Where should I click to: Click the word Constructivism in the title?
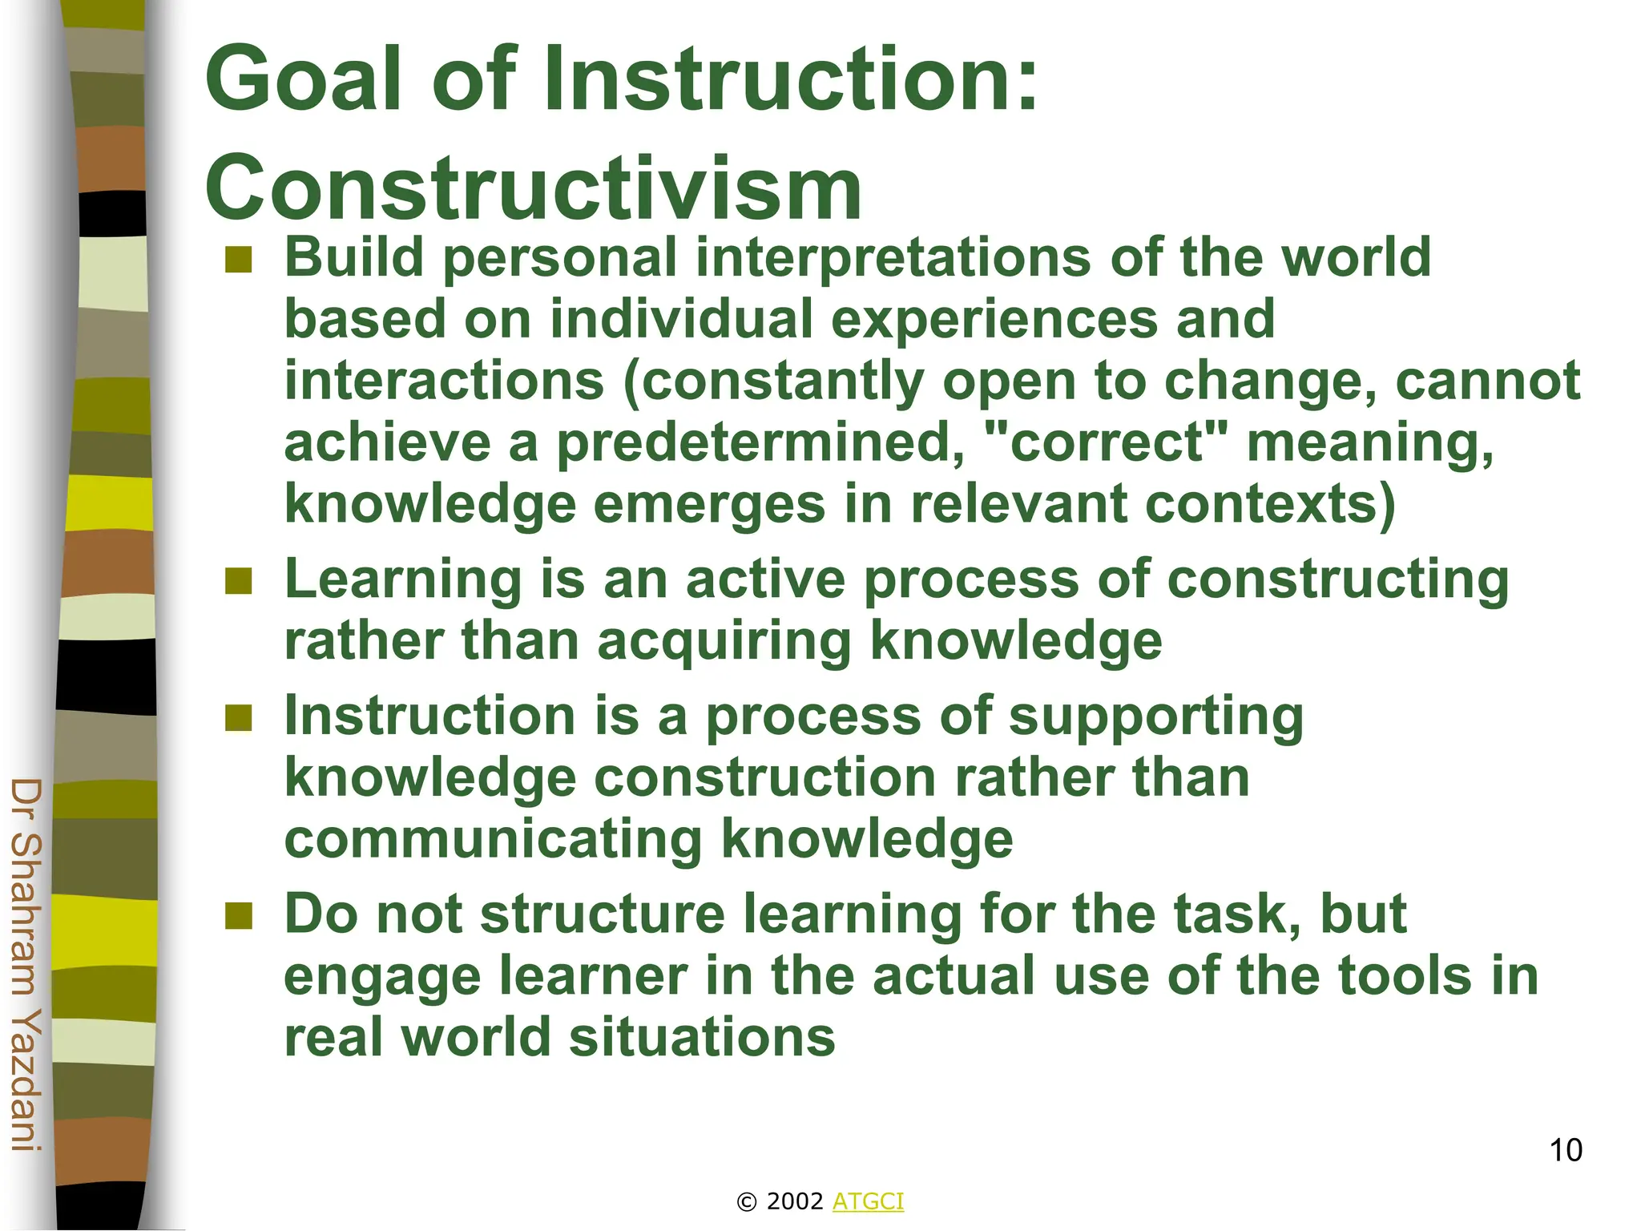pyautogui.click(x=533, y=189)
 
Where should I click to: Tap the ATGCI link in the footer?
pyautogui.click(x=868, y=1201)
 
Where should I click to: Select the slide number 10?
pyautogui.click(x=1565, y=1150)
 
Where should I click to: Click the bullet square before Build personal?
pyautogui.click(x=239, y=260)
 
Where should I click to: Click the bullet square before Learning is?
pyautogui.click(x=239, y=581)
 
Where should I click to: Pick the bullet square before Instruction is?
pyautogui.click(x=239, y=718)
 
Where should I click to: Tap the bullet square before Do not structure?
pyautogui.click(x=239, y=915)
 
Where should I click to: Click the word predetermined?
pyautogui.click(x=760, y=444)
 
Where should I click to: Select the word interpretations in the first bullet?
pyautogui.click(x=893, y=258)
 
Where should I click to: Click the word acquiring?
pyautogui.click(x=724, y=642)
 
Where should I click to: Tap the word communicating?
pyautogui.click(x=493, y=840)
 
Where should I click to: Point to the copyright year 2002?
pyautogui.click(x=794, y=1201)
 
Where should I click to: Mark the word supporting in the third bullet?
pyautogui.click(x=1155, y=717)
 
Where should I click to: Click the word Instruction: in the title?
pyautogui.click(x=790, y=79)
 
